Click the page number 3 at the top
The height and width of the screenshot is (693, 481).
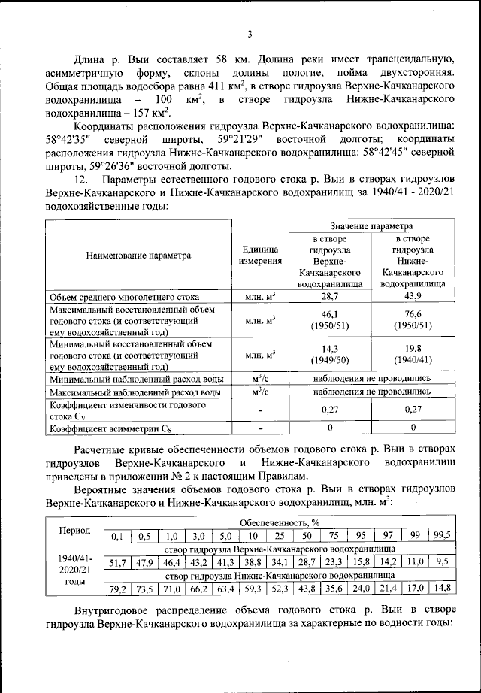[249, 33]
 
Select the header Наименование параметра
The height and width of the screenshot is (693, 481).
[138, 255]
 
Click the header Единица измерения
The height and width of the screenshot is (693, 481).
[260, 255]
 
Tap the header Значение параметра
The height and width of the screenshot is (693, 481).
[371, 225]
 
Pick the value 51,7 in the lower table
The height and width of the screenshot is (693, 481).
[117, 561]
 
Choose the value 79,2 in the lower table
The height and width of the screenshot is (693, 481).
[117, 588]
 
